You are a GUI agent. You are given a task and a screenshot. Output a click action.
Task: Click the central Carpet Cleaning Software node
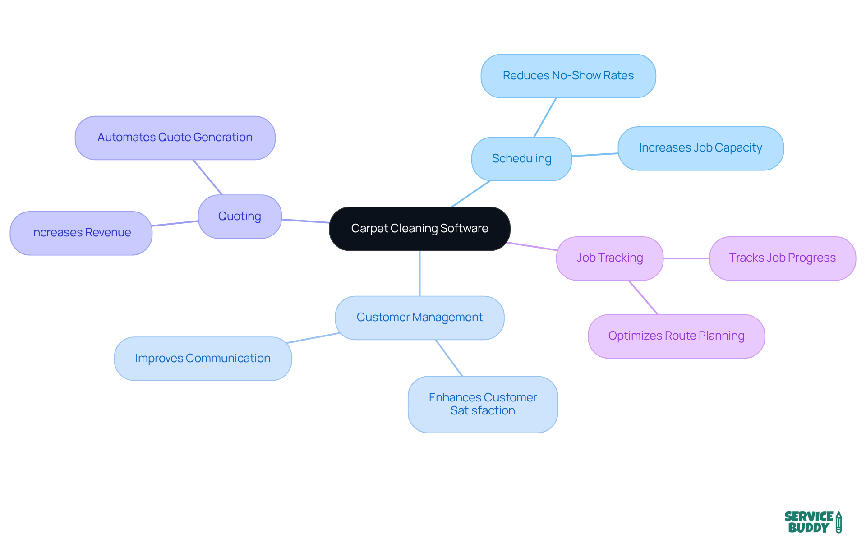(419, 229)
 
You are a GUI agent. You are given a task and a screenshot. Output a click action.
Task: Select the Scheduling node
(521, 159)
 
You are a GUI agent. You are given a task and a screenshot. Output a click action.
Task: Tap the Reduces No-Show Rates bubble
(568, 76)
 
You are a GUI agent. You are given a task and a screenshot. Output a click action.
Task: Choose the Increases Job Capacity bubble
(700, 148)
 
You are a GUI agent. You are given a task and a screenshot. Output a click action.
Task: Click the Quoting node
(240, 216)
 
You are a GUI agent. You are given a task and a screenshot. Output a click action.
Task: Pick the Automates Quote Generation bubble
(175, 138)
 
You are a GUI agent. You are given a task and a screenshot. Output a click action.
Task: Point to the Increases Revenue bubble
(81, 233)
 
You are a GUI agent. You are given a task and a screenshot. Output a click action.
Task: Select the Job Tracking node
(609, 258)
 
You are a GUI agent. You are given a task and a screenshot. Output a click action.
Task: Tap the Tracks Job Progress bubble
(782, 258)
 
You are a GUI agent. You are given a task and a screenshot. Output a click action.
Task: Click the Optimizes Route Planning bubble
(676, 336)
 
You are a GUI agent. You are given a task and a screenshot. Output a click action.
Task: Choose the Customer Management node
(419, 318)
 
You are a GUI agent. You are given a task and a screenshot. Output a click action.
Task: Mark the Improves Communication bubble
(203, 359)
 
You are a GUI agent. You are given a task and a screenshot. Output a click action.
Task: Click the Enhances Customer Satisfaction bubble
(483, 404)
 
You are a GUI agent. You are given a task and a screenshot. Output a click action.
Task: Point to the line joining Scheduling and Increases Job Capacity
(594, 155)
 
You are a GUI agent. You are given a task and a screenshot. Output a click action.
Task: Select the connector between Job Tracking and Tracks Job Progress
(686, 258)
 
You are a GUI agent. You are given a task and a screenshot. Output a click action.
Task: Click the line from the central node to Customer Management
(420, 273)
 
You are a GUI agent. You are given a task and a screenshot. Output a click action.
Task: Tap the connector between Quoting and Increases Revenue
(175, 223)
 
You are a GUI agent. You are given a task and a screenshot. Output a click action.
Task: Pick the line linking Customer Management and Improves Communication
(313, 338)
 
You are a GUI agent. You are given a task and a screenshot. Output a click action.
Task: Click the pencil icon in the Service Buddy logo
(838, 522)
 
